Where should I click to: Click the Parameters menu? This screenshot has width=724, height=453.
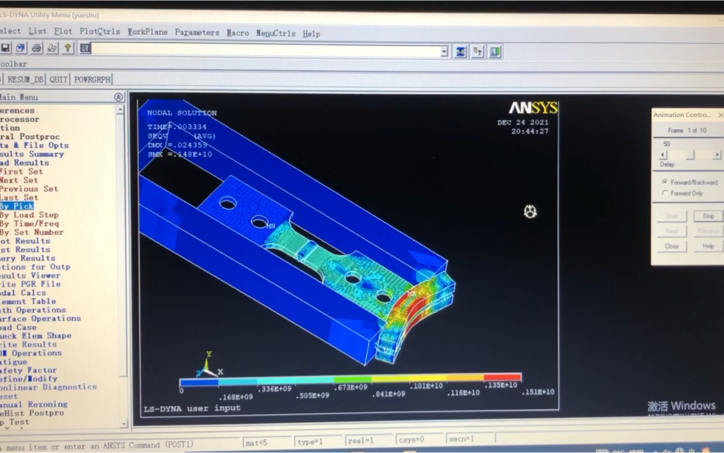click(x=197, y=33)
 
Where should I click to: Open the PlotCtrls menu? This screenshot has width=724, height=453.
click(x=99, y=32)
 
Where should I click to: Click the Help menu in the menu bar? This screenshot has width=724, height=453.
click(x=311, y=34)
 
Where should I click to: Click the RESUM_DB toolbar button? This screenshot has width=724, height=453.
click(x=25, y=80)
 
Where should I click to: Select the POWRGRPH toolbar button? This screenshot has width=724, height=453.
click(x=92, y=80)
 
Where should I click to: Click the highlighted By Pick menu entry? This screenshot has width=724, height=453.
click(x=17, y=206)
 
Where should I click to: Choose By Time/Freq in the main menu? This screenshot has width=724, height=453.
click(x=29, y=224)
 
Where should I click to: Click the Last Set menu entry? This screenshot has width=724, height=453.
click(x=19, y=198)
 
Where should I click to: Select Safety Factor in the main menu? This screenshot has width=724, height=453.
click(x=28, y=370)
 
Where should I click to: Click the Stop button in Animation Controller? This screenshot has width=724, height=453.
click(x=708, y=216)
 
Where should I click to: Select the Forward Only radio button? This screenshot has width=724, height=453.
click(x=665, y=193)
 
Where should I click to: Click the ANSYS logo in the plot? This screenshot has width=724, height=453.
click(x=533, y=108)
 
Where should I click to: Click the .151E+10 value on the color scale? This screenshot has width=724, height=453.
click(x=538, y=392)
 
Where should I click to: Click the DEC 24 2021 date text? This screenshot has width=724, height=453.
click(x=522, y=122)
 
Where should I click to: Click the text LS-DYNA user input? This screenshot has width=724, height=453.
click(x=192, y=408)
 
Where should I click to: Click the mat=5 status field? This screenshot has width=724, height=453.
click(x=257, y=443)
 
